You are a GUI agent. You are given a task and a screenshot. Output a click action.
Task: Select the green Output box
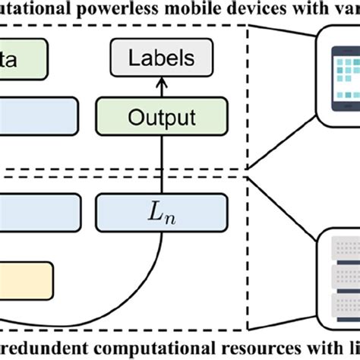coord(161,118)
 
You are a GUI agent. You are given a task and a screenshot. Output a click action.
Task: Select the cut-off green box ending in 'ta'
coord(23,57)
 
